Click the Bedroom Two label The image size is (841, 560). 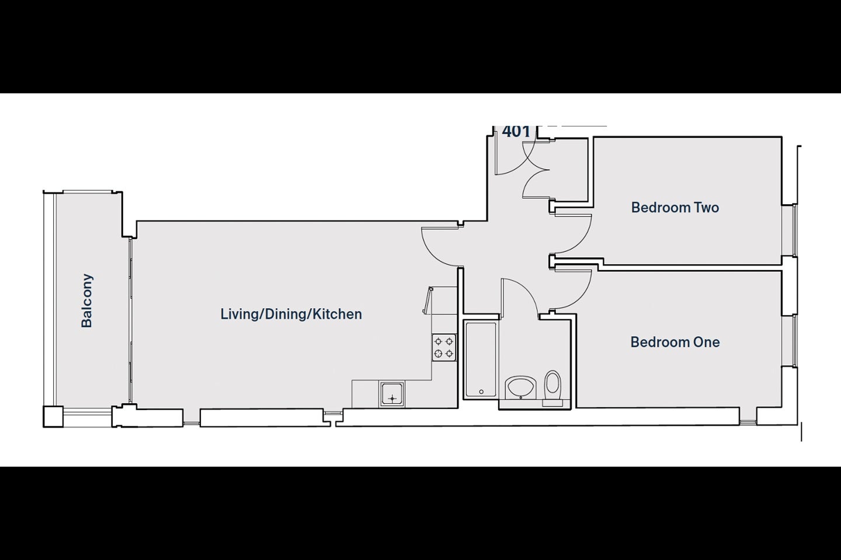point(675,208)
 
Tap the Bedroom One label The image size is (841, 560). point(675,342)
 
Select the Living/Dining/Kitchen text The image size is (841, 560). point(291,314)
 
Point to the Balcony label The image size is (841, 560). point(86,301)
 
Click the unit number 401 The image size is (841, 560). point(516,131)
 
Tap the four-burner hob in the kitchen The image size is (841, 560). point(444,348)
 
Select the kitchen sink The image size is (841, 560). point(392,394)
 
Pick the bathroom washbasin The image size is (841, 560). point(520,387)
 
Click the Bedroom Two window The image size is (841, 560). point(794,230)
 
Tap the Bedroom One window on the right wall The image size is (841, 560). point(794,341)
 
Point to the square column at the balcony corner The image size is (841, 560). point(53,416)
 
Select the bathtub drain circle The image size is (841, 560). point(481,392)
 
